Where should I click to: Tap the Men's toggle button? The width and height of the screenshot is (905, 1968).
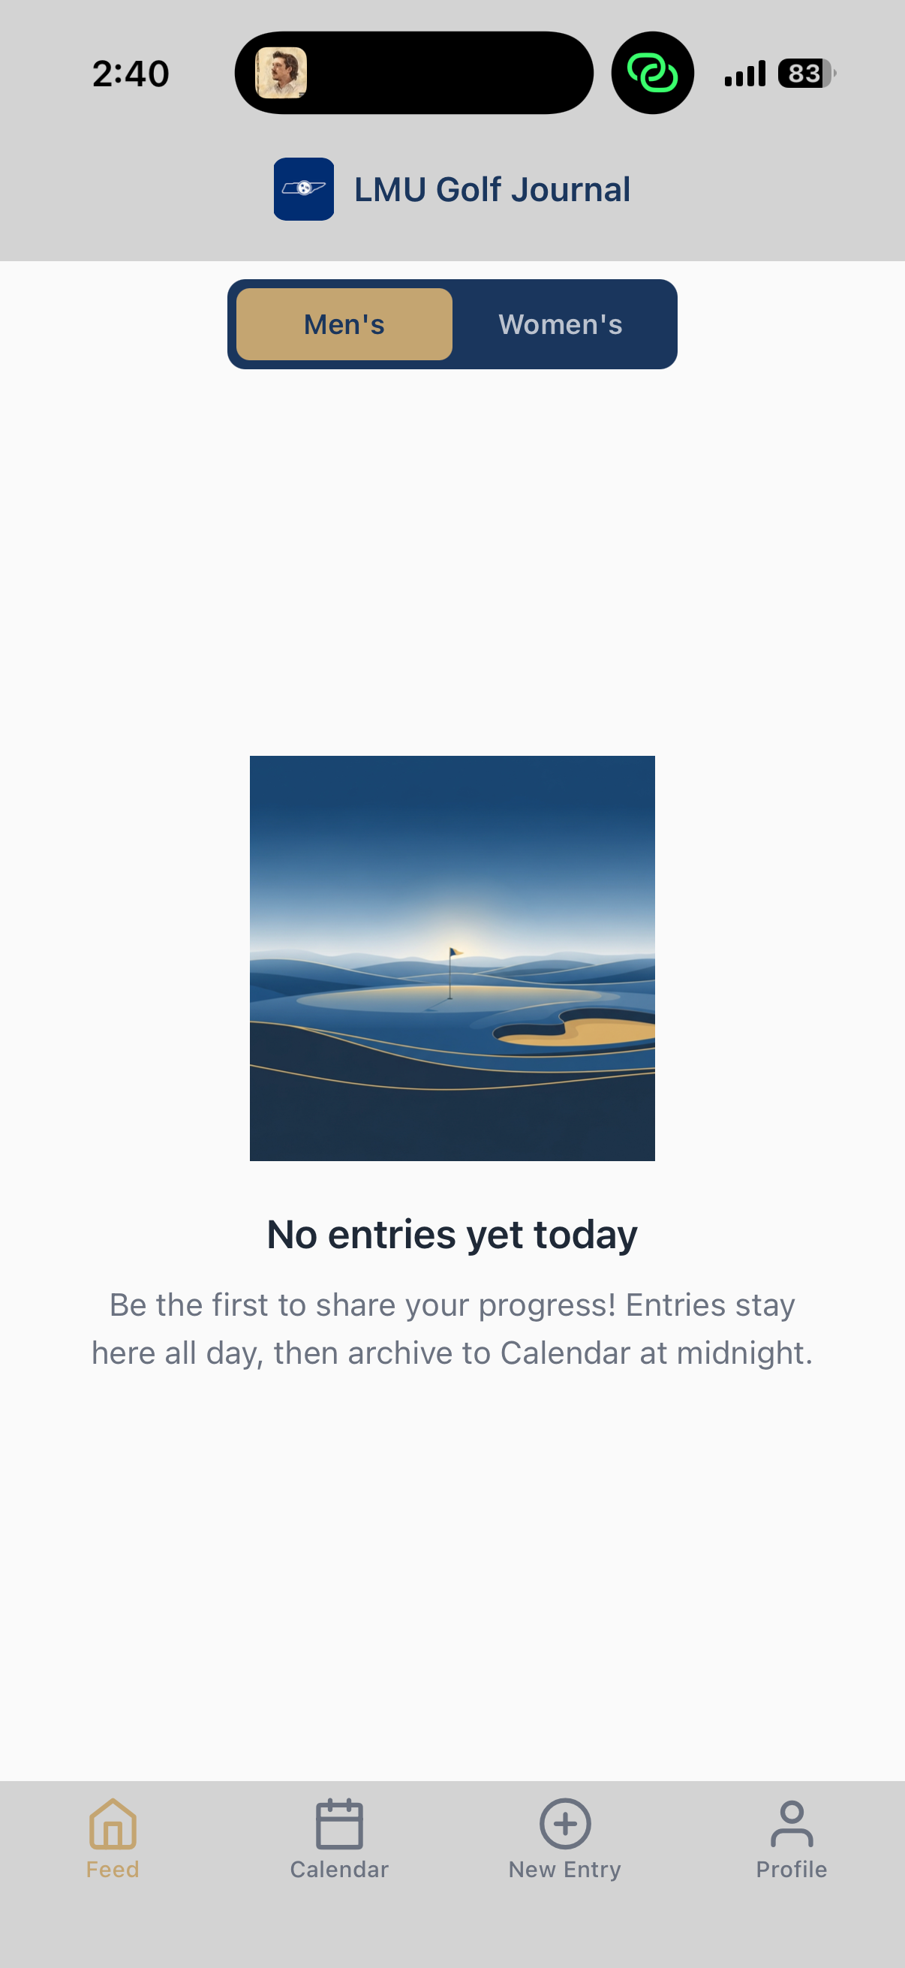point(344,324)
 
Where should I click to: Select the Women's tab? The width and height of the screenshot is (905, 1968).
point(561,324)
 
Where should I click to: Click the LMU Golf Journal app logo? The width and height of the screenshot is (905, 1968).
point(304,189)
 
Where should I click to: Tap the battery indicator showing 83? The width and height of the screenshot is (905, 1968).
point(807,74)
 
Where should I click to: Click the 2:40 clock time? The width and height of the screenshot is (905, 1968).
point(131,74)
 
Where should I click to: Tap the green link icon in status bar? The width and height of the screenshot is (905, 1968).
point(652,74)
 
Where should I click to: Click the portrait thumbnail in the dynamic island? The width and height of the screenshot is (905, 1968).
point(281,74)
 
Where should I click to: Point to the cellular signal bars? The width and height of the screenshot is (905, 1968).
point(744,74)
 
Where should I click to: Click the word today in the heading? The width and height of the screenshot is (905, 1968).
point(586,1235)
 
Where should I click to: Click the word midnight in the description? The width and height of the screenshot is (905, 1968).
point(744,1353)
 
